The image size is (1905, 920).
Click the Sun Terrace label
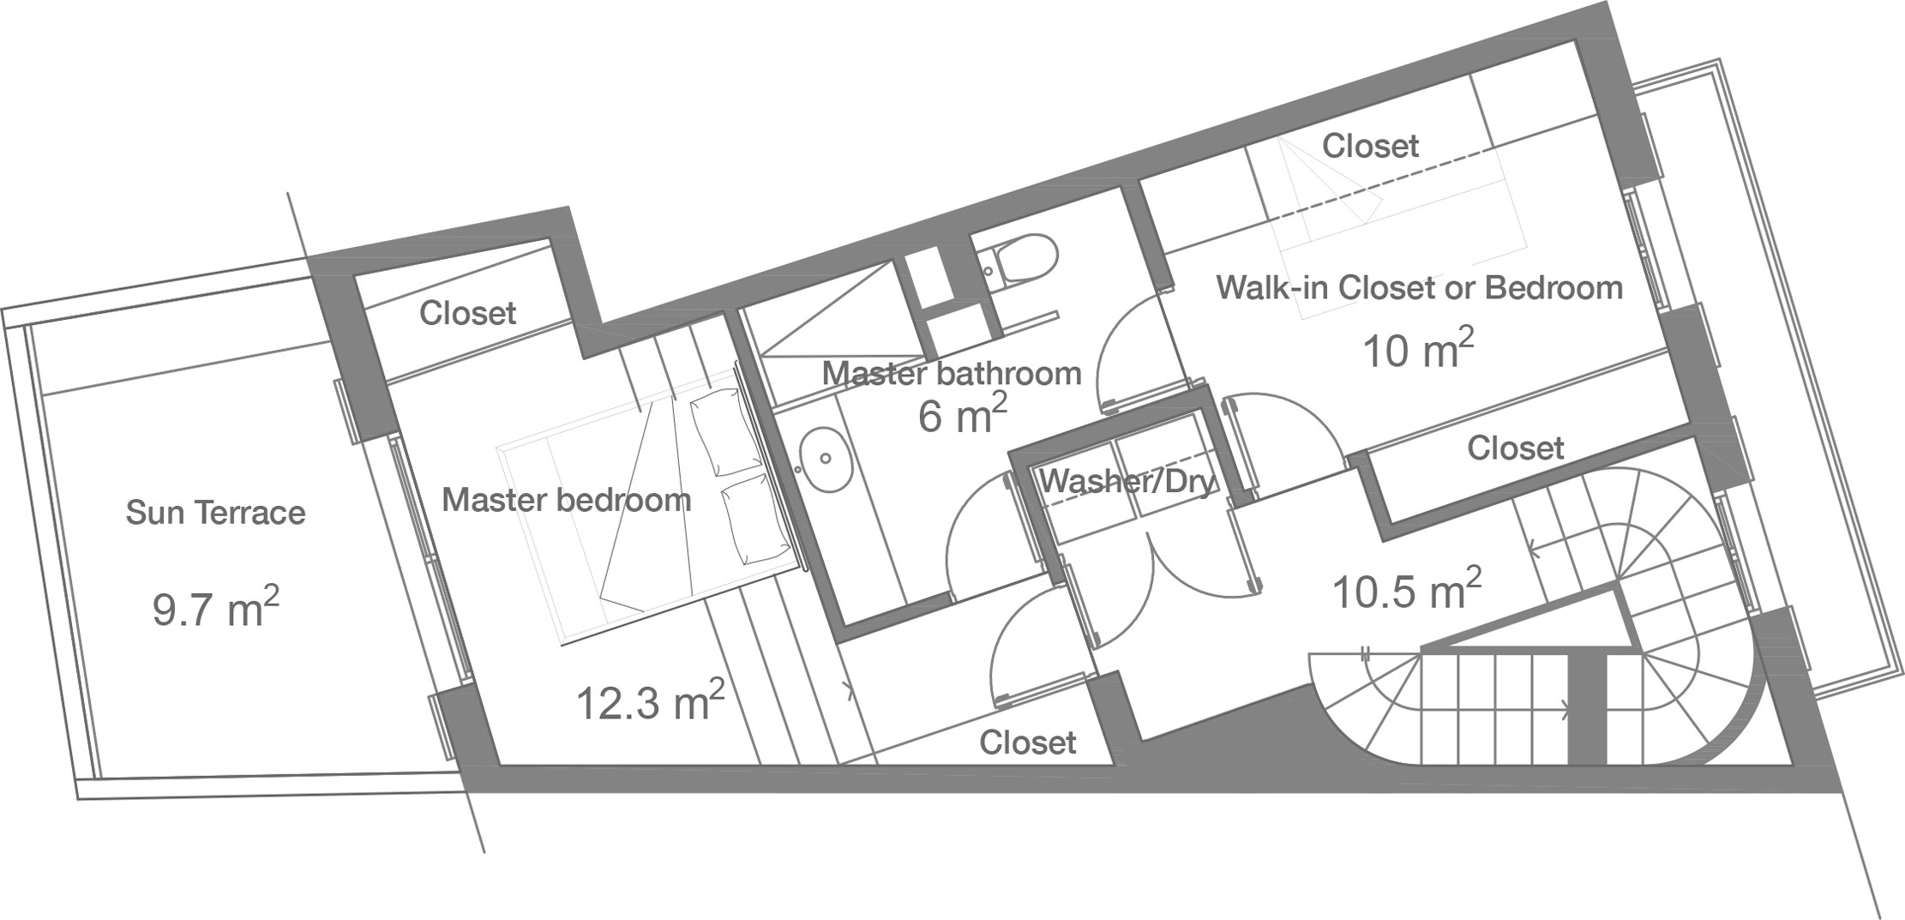pyautogui.click(x=215, y=513)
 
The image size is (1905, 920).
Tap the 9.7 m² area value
pyautogui.click(x=216, y=608)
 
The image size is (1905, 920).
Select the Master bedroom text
pyautogui.click(x=567, y=500)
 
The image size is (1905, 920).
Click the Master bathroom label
pyautogui.click(x=952, y=374)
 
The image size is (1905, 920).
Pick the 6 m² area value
pyautogui.click(x=963, y=416)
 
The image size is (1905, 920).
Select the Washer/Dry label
pyautogui.click(x=1128, y=483)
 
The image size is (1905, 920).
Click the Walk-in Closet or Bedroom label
pyautogui.click(x=1420, y=288)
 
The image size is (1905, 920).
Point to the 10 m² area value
pyautogui.click(x=1418, y=350)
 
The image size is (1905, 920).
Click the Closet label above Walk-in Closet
pyautogui.click(x=1370, y=147)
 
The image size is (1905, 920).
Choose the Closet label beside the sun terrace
pyautogui.click(x=467, y=314)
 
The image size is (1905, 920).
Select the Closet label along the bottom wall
pyautogui.click(x=1027, y=743)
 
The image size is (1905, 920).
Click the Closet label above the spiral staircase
pyautogui.click(x=1515, y=448)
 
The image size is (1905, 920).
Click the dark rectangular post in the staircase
pyautogui.click(x=1587, y=707)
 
